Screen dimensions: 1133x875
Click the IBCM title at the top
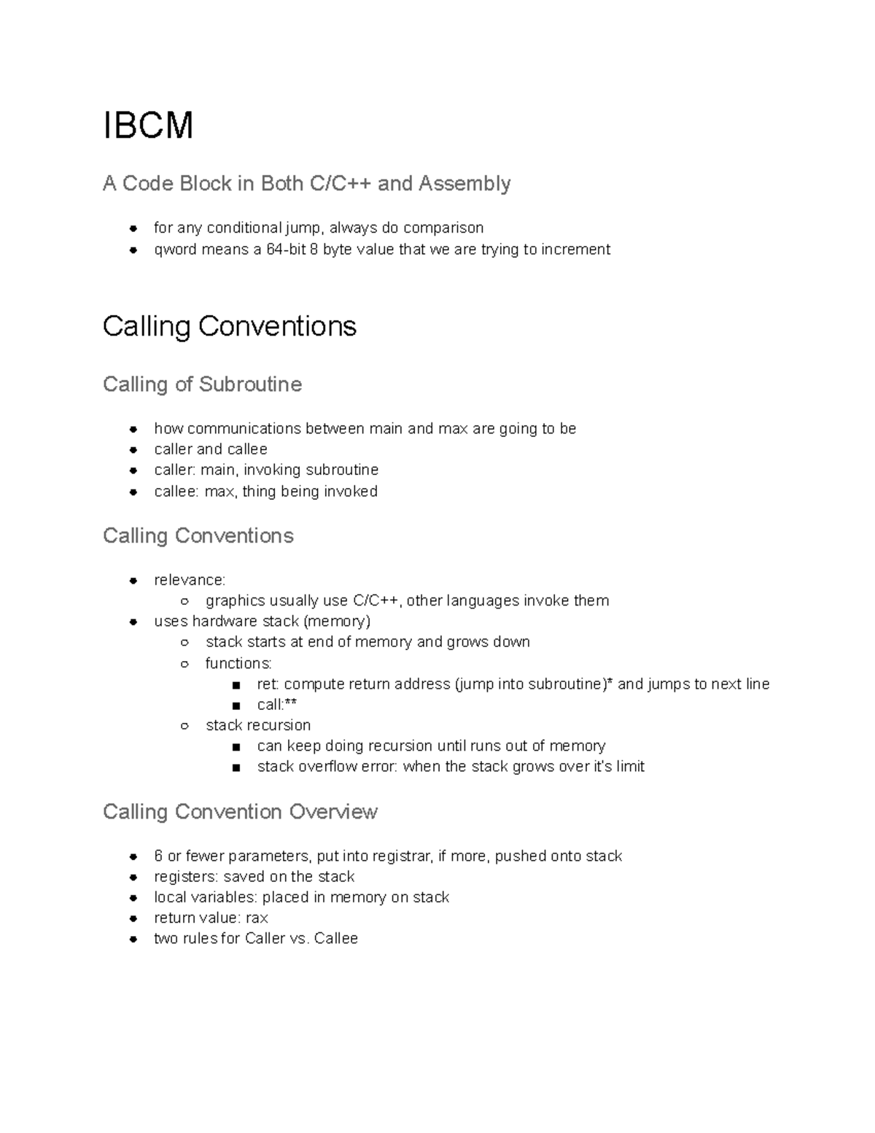click(x=148, y=125)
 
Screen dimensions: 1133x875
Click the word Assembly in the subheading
click(x=464, y=183)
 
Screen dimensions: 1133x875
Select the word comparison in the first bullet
click(x=443, y=228)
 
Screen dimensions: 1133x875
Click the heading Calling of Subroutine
click(x=202, y=384)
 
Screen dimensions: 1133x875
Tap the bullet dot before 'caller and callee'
click(x=133, y=449)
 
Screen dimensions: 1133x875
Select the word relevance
click(x=190, y=580)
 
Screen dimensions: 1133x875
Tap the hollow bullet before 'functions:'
click(x=185, y=663)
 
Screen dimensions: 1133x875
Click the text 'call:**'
click(x=276, y=705)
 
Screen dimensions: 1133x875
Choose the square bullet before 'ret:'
click(x=236, y=684)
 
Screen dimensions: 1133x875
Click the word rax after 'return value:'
click(x=257, y=918)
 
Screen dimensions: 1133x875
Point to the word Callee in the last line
click(x=335, y=938)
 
